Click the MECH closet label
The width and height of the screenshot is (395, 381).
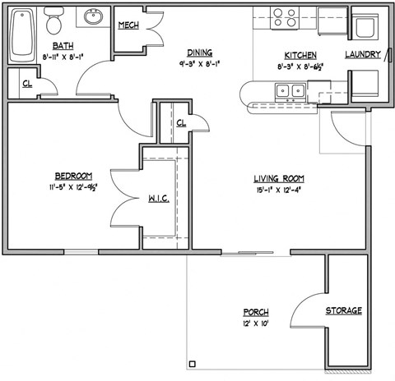tap(128, 25)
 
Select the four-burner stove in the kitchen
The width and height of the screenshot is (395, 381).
tap(285, 16)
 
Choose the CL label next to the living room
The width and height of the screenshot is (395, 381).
tap(181, 122)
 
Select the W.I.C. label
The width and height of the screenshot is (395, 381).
tap(159, 200)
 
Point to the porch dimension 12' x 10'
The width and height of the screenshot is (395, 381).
tap(256, 324)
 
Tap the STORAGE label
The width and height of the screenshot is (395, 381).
tap(343, 310)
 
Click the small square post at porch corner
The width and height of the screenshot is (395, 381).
tap(193, 364)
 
